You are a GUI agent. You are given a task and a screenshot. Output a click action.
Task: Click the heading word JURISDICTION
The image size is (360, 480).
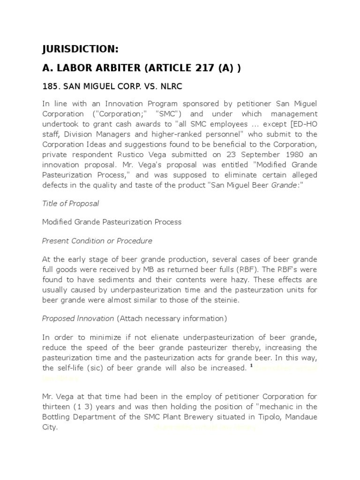(x=80, y=50)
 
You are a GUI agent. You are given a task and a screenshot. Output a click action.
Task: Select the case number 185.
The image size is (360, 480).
(x=50, y=87)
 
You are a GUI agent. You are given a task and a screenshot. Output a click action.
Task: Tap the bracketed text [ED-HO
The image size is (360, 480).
(x=304, y=124)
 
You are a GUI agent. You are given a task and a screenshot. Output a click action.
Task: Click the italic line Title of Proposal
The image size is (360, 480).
(x=70, y=203)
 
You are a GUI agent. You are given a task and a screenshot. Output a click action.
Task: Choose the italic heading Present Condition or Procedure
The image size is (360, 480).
(x=97, y=240)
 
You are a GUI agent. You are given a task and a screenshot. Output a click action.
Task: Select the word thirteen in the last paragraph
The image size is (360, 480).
(x=57, y=407)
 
